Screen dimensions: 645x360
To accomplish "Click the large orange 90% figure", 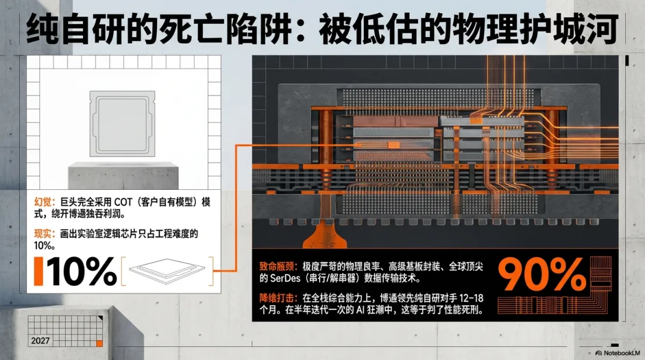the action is (x=542, y=275).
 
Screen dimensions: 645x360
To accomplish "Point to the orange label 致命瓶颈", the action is (x=277, y=264).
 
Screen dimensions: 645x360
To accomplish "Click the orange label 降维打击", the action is (x=277, y=297).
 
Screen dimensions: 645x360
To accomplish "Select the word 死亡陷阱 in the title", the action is (x=237, y=28).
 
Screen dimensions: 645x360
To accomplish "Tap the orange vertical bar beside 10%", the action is (x=39, y=272).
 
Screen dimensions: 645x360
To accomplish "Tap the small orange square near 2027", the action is (x=99, y=343).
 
